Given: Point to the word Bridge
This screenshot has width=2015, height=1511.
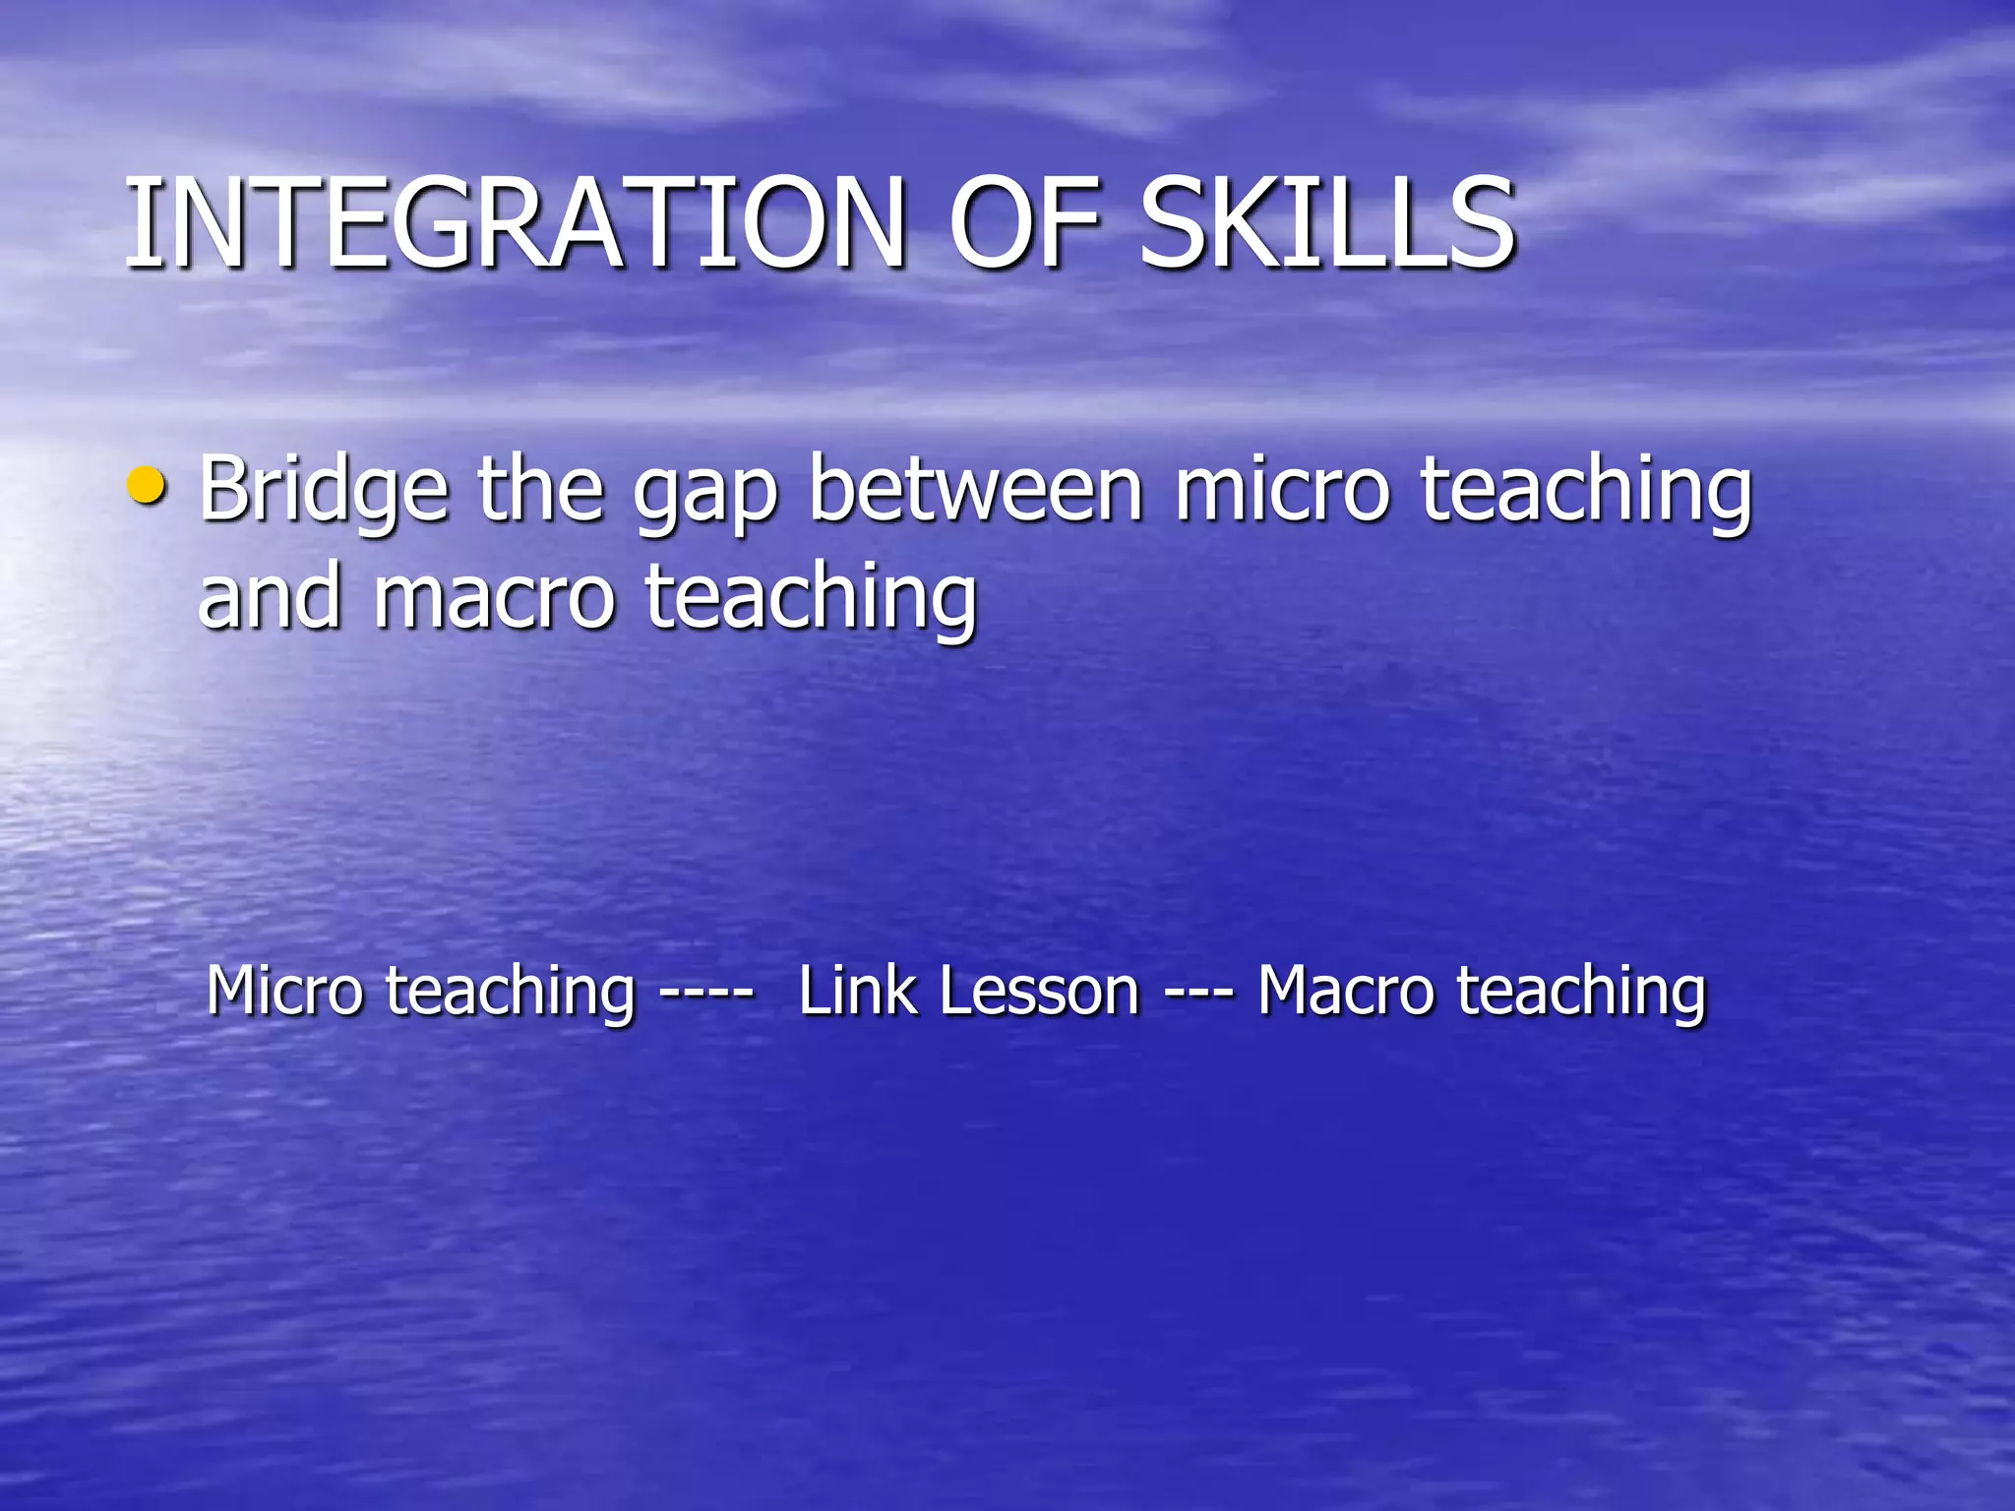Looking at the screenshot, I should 324,490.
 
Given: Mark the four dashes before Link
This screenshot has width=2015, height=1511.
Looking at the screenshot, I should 705,993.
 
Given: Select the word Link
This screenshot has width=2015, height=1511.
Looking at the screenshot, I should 858,991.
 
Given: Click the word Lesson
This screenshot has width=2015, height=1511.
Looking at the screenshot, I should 1039,991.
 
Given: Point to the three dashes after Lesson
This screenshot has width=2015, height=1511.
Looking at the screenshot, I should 1198,993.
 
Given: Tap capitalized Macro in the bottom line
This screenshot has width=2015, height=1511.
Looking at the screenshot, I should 1345,991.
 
